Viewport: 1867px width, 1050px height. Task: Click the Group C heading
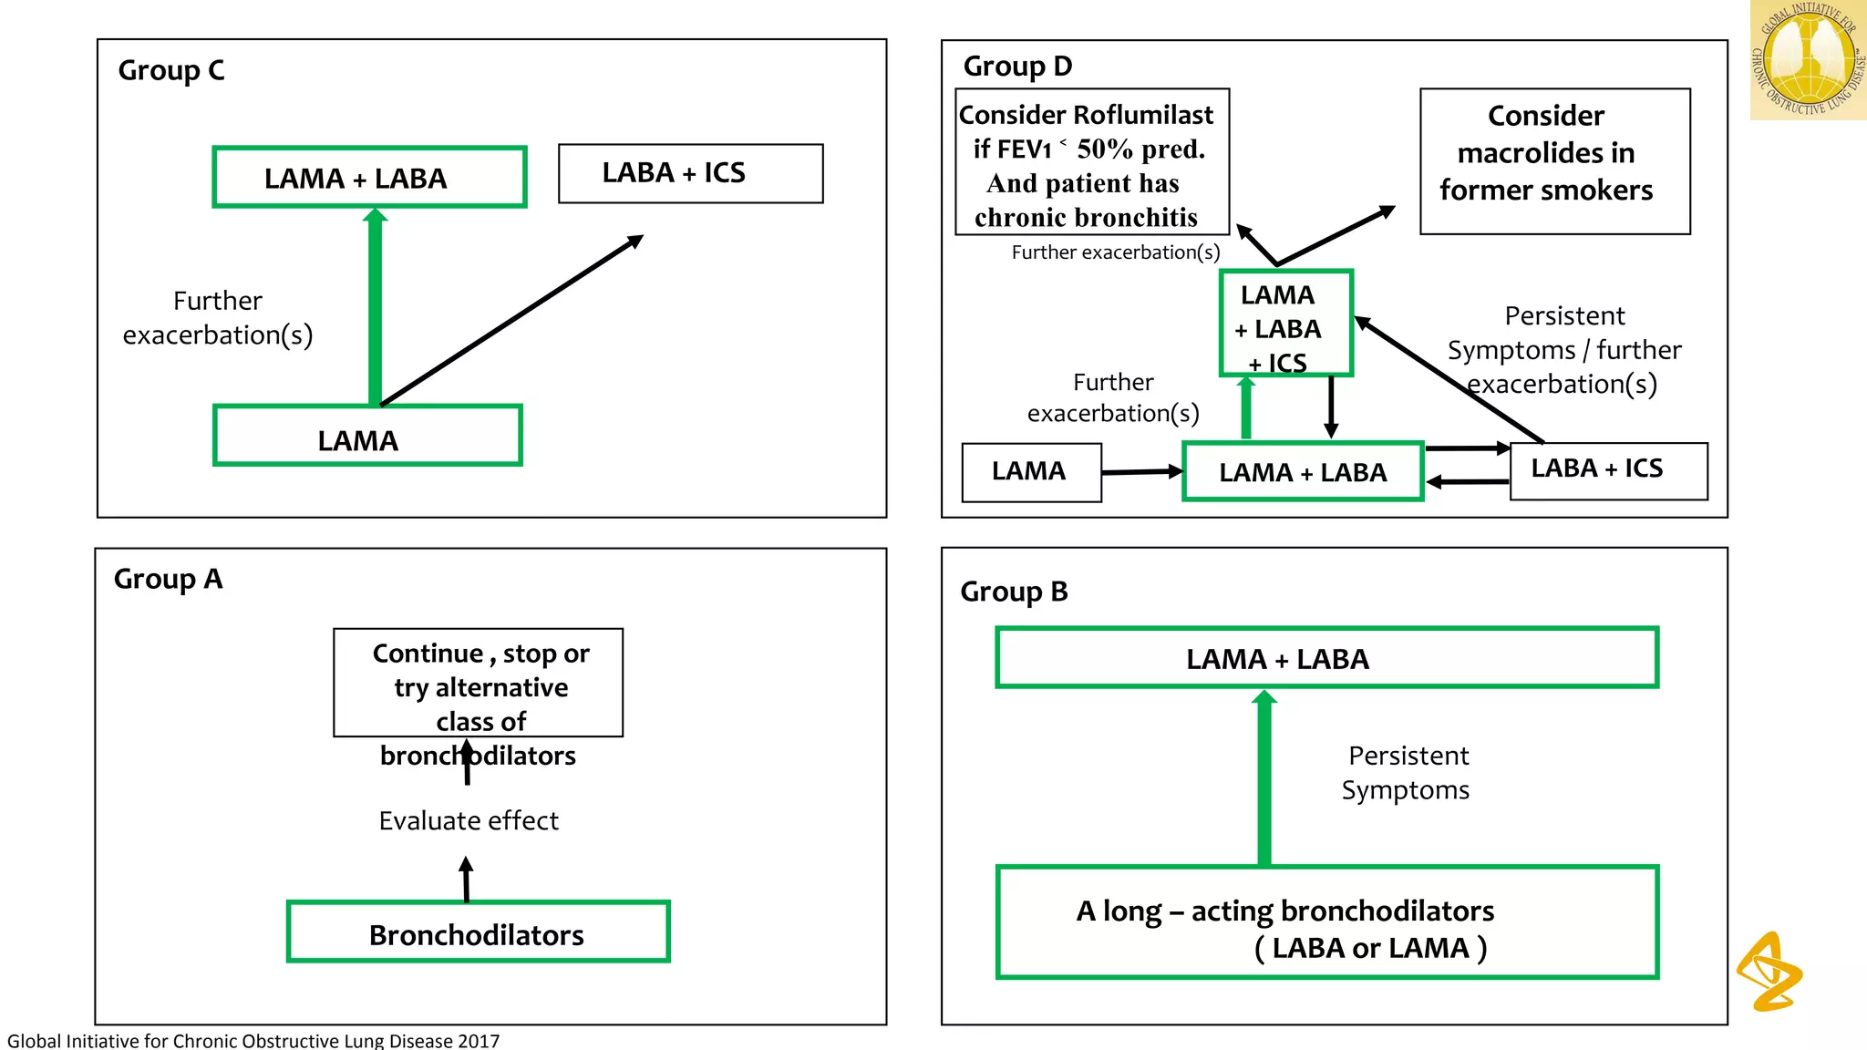click(170, 70)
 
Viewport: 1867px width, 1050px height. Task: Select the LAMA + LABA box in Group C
click(369, 178)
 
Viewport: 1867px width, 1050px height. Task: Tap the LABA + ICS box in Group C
click(690, 173)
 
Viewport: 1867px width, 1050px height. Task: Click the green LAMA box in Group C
click(367, 437)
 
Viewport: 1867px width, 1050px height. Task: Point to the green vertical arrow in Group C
click(375, 310)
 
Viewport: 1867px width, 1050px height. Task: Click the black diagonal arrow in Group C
click(511, 321)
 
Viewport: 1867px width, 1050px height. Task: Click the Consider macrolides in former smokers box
click(1554, 161)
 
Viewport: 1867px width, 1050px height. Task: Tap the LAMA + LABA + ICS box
click(1285, 324)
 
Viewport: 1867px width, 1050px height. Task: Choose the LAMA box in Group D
click(1031, 472)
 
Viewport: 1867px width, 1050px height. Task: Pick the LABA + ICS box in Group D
click(1608, 470)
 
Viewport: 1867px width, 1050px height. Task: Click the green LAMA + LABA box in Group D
click(1302, 472)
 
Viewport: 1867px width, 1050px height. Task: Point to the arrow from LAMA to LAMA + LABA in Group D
click(1141, 472)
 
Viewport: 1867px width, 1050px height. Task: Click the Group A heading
click(168, 579)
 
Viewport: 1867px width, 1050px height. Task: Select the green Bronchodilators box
click(478, 932)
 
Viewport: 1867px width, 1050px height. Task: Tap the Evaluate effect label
click(469, 820)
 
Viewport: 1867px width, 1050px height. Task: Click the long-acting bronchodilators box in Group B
click(1326, 922)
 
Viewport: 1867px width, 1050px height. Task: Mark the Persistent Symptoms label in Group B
click(1407, 772)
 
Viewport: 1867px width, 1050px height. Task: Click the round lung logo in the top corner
click(1808, 59)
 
